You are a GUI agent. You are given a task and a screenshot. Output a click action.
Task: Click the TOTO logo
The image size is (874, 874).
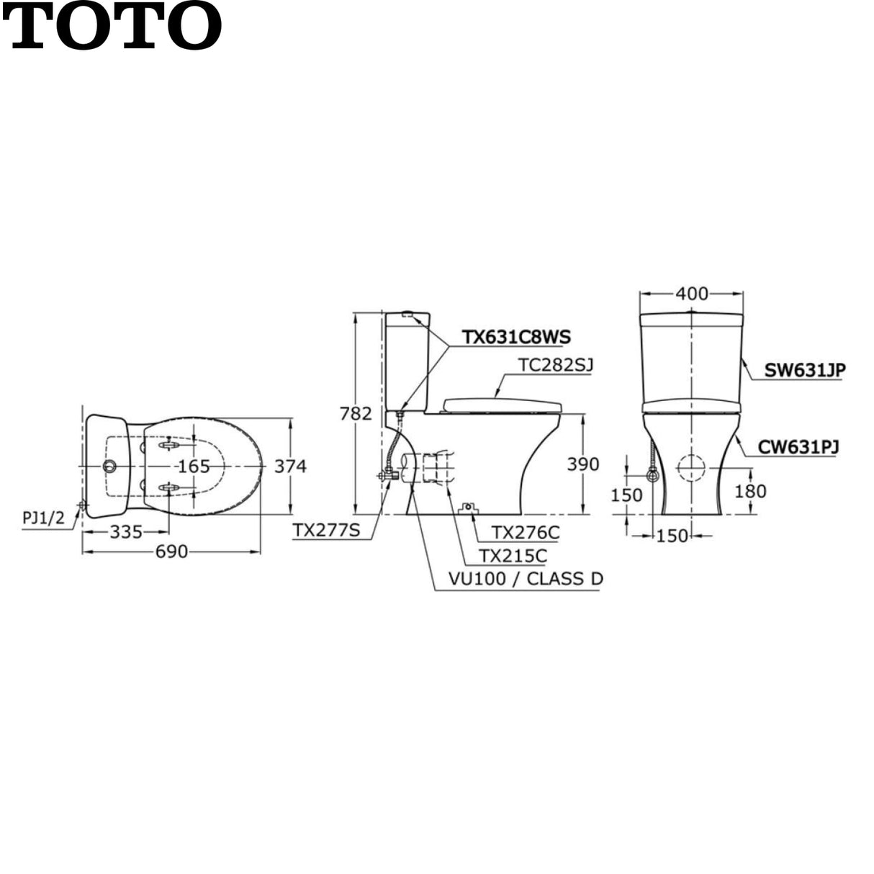[112, 26]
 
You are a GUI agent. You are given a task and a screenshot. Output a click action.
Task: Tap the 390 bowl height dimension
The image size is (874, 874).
[583, 464]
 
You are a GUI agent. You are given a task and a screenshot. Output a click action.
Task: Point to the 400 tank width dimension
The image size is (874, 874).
[692, 294]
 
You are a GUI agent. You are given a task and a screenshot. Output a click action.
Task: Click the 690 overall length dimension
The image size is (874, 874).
[171, 552]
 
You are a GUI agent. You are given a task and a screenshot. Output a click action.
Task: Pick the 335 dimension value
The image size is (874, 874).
[126, 532]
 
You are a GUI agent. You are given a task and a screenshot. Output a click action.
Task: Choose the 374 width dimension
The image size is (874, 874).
[290, 467]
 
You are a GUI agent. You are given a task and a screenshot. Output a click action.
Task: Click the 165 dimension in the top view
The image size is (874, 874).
[194, 467]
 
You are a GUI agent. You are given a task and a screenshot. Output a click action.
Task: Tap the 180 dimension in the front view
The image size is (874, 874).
[750, 491]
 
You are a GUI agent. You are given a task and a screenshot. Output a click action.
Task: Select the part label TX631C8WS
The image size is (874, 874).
[516, 337]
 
